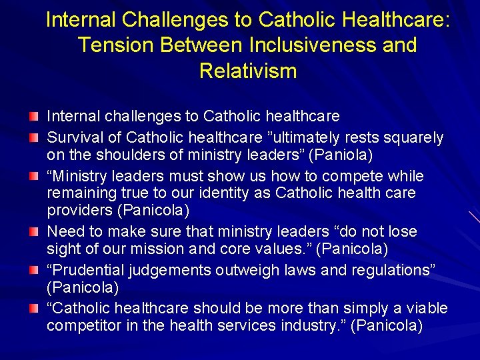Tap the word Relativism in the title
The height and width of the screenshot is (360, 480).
tap(248, 71)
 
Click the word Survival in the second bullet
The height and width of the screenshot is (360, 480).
tap(72, 138)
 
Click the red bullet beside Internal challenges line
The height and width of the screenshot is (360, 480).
tap(33, 117)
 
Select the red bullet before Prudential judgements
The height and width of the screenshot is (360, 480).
tap(33, 271)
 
